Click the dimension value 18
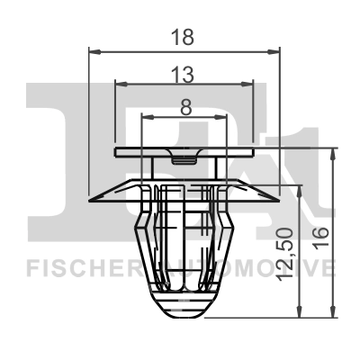tap(186, 38)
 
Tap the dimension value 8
tap(186, 106)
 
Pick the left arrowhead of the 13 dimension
tap(121, 85)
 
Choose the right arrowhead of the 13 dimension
tap(250, 85)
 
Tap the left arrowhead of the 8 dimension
tap(148, 118)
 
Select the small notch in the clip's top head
tap(185, 160)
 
